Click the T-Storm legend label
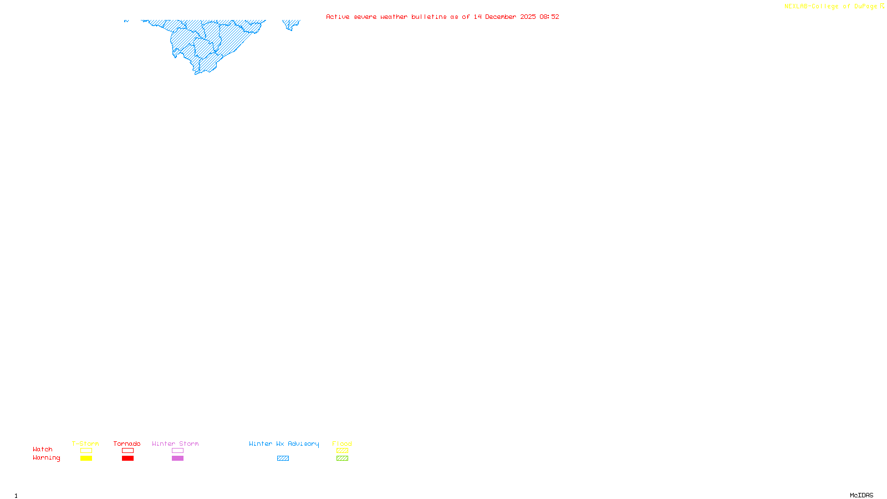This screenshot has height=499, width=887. [x=85, y=444]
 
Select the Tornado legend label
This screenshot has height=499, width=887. [x=127, y=444]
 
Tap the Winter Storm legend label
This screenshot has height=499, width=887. [x=175, y=444]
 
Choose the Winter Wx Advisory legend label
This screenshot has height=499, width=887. [x=284, y=444]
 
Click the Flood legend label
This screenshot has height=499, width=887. [x=342, y=444]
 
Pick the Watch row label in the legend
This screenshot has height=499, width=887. [x=43, y=449]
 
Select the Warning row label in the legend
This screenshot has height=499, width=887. [x=47, y=458]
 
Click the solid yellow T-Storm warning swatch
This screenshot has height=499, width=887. [x=86, y=459]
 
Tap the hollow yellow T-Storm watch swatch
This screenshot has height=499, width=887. [x=86, y=451]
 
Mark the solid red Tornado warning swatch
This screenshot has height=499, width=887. [x=128, y=459]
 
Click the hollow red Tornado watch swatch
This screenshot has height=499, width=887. [x=128, y=451]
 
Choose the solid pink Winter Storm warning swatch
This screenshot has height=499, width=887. [x=177, y=459]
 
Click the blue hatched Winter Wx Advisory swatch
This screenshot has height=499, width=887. [x=283, y=459]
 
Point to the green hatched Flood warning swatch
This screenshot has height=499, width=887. [x=342, y=459]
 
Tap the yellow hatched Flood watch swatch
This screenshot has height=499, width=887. [x=342, y=451]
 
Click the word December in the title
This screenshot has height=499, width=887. [x=501, y=17]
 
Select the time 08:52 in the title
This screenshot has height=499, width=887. [x=549, y=17]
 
